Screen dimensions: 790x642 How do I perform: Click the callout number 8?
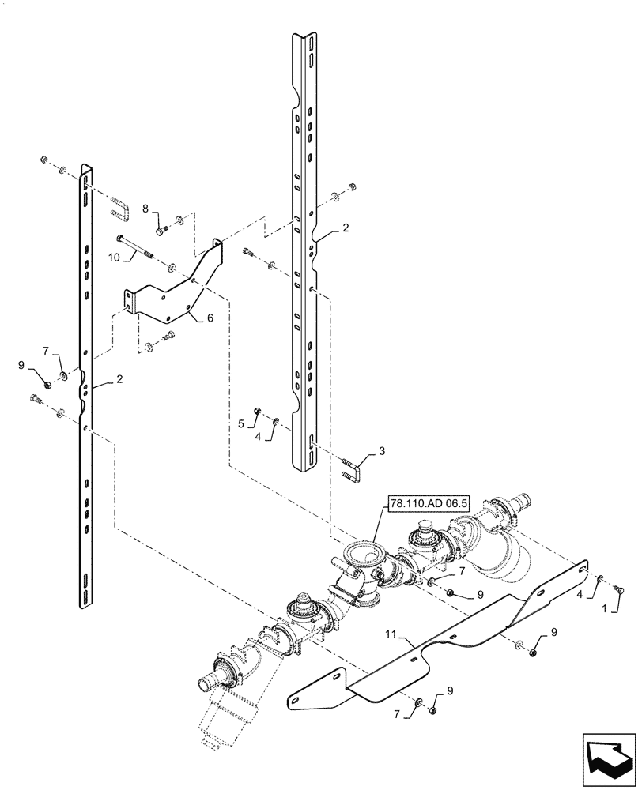145,209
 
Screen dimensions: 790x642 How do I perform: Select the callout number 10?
113,258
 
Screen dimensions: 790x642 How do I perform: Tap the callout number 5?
241,424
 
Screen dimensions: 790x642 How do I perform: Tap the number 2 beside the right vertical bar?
346,227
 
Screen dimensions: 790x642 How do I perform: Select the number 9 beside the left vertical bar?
31,366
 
